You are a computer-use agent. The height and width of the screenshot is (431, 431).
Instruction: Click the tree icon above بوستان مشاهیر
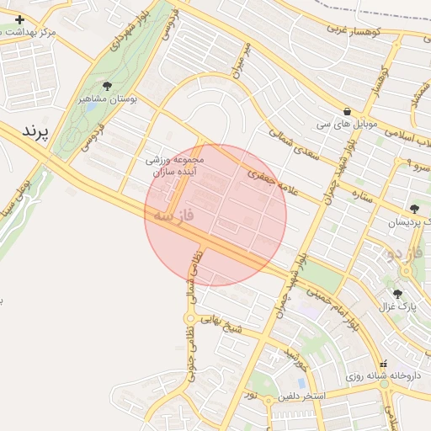(107, 86)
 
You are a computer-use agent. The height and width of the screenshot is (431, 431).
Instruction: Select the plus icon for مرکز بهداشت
(20, 19)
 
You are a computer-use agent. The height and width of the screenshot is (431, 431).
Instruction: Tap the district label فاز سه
(173, 216)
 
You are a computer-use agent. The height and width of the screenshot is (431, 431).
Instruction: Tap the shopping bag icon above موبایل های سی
(348, 111)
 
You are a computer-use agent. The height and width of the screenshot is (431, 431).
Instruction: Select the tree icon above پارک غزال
(397, 294)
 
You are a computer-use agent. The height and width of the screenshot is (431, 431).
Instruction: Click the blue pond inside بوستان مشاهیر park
(89, 108)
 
